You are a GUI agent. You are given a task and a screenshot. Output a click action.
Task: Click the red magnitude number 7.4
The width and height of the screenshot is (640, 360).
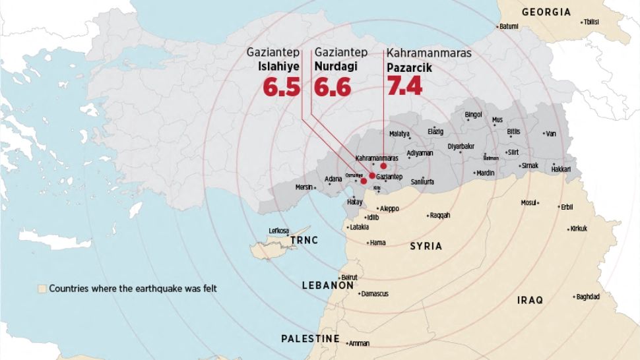pos(404,86)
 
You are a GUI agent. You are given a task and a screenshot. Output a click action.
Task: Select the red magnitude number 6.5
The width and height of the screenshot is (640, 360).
pos(281,86)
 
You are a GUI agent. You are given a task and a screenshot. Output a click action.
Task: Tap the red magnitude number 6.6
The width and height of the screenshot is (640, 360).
pos(332,86)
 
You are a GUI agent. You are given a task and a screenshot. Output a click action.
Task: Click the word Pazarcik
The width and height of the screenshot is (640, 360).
pos(408,67)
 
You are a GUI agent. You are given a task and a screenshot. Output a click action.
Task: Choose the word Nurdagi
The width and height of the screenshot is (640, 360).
pos(334,67)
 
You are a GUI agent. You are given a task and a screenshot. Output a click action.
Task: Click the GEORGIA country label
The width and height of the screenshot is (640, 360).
pos(546,12)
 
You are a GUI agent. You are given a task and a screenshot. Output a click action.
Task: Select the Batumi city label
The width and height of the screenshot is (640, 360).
pos(509,26)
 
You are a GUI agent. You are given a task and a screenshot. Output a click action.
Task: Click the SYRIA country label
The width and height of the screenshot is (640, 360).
pos(426,246)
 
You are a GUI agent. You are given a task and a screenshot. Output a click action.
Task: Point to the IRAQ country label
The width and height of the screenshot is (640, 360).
pos(530,300)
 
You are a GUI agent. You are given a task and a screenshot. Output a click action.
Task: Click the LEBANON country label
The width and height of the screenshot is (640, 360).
pos(328,286)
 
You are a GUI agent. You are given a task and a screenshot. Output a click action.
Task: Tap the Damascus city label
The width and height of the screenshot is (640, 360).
pos(375,293)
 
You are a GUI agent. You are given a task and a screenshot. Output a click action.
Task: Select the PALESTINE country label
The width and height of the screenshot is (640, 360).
pos(310,339)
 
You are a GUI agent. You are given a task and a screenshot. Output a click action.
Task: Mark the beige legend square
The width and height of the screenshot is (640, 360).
pos(42,288)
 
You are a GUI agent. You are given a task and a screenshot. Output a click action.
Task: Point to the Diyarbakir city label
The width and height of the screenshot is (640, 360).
pos(461,146)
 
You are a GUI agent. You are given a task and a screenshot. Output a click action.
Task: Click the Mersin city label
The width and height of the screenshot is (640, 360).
pos(304,187)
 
